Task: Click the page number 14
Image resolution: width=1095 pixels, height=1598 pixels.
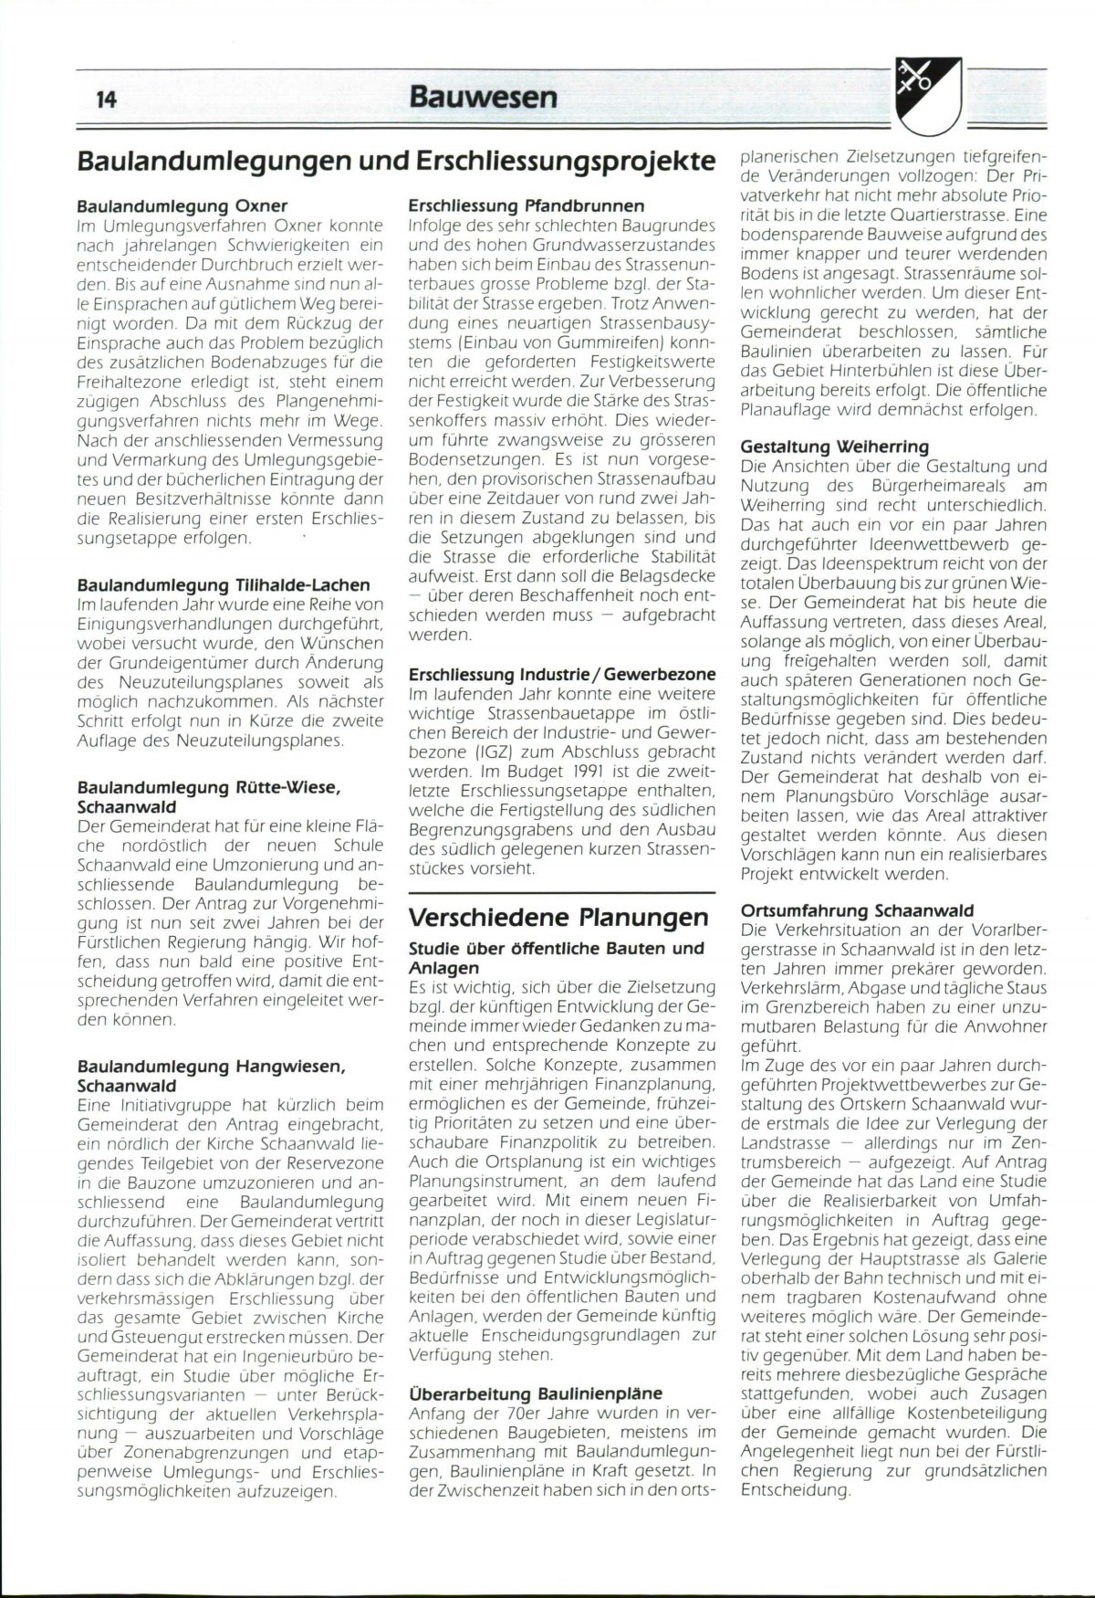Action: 106,100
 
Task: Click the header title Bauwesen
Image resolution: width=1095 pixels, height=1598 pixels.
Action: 483,96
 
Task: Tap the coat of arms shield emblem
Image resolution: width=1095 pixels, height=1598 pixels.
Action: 928,94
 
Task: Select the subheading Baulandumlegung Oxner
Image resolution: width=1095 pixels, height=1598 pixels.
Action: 182,205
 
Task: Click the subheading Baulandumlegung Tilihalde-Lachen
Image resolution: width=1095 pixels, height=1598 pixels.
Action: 224,584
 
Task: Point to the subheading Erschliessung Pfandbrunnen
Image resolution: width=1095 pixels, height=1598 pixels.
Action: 527,205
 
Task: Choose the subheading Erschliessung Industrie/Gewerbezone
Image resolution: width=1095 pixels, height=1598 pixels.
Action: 562,675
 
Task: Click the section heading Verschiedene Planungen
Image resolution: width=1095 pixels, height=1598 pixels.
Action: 558,917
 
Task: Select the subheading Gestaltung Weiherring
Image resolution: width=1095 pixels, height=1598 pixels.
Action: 834,447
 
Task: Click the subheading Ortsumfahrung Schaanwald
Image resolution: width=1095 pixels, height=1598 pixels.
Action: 857,910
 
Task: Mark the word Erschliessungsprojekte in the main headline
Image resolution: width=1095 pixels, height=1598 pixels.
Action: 566,161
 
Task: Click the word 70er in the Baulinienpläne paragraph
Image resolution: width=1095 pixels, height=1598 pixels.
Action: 507,1413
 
